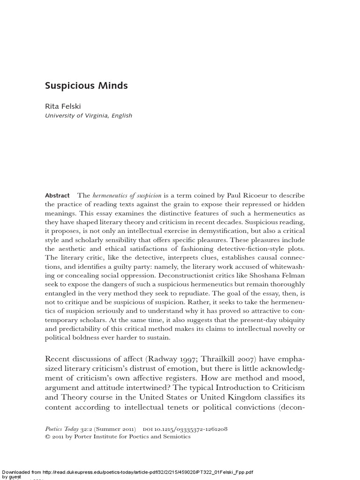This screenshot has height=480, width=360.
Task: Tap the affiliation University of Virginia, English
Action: [89, 116]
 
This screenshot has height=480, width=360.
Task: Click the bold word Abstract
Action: [57, 195]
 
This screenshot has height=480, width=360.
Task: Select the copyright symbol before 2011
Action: [47, 437]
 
